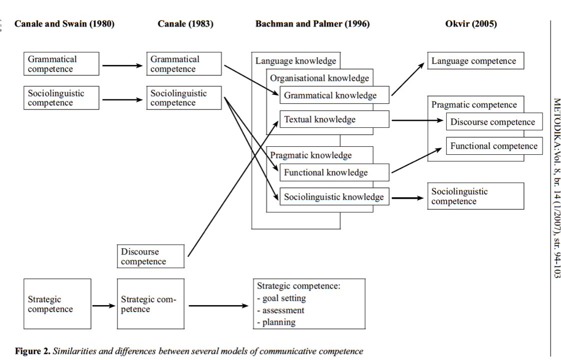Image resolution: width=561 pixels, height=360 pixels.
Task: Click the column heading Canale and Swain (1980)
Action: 64,24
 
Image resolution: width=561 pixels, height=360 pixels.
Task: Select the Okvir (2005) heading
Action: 471,24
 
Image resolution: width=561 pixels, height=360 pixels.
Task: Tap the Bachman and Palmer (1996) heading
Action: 312,24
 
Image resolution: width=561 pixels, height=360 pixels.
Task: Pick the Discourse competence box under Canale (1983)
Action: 150,257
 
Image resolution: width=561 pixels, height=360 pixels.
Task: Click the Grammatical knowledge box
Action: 334,95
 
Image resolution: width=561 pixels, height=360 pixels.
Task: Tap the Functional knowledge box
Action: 334,173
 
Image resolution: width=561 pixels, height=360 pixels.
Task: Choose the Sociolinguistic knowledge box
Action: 334,197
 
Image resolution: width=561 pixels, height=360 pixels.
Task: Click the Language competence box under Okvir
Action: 475,61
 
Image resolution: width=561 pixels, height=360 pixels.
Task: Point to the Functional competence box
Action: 494,146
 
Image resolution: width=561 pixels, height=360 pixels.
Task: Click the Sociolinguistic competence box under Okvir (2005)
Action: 475,196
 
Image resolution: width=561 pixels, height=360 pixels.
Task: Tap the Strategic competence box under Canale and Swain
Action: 57,304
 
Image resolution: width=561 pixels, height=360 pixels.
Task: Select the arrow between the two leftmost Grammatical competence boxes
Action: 122,65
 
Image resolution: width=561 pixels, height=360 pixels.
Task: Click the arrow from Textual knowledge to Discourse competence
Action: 418,120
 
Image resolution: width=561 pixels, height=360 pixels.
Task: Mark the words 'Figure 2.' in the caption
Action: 32,351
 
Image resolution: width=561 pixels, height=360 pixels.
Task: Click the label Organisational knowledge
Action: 320,78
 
